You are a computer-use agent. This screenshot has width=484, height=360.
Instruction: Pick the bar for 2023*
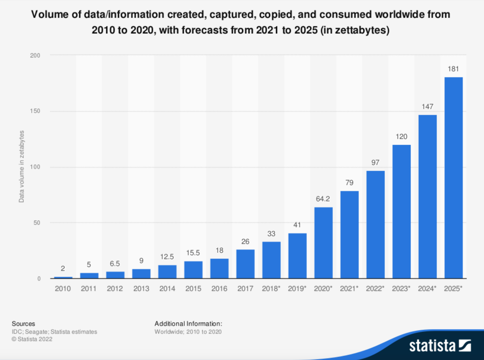[401, 212]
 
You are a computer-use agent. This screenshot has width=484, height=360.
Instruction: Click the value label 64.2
[323, 199]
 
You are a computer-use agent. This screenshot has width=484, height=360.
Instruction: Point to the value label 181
[453, 69]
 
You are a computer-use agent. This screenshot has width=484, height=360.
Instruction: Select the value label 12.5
[167, 257]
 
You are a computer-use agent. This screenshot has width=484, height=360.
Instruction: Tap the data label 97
[375, 163]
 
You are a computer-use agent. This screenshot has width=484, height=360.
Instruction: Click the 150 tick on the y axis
[35, 111]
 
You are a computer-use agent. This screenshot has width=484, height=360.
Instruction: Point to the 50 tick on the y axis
[37, 223]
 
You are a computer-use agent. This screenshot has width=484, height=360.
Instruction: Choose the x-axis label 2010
[63, 289]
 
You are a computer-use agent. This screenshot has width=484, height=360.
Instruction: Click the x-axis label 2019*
[297, 289]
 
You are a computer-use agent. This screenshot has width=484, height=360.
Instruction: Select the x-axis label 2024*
[427, 289]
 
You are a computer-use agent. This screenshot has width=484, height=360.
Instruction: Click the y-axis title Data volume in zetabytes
[21, 167]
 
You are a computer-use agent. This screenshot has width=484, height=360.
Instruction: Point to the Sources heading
[23, 324]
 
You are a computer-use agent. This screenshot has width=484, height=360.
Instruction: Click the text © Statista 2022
[32, 339]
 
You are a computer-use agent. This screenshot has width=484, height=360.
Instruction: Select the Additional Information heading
[188, 324]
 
